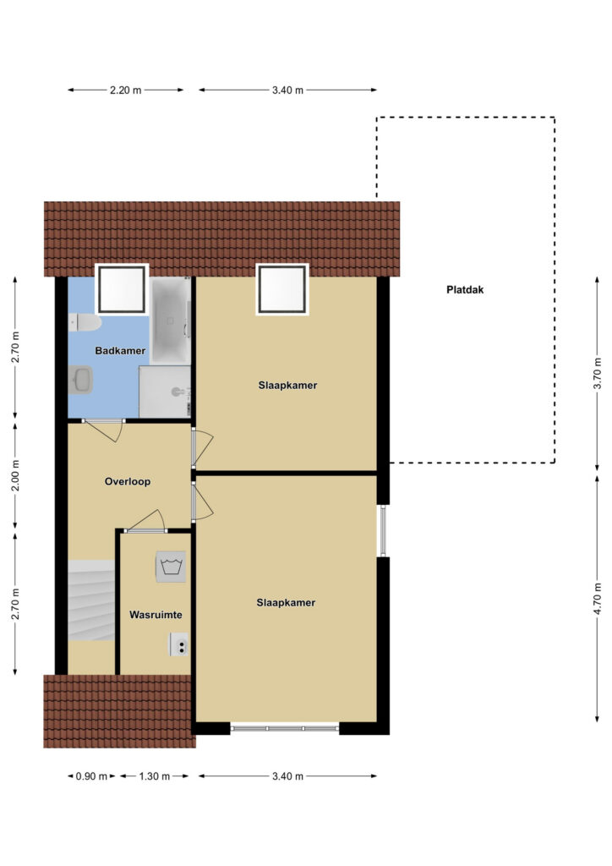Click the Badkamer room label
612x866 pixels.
(x=120, y=351)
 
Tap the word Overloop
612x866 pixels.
(x=128, y=481)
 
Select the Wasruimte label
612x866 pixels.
(x=156, y=615)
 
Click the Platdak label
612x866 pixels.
(x=465, y=290)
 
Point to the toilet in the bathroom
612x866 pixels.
(x=85, y=323)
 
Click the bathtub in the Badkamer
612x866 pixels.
(x=171, y=321)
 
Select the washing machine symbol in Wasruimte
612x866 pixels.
(x=171, y=566)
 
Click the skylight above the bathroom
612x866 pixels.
(x=122, y=288)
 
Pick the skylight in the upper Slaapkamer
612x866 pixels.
(x=282, y=289)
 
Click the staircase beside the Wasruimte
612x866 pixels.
(x=91, y=600)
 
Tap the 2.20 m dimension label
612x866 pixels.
(x=125, y=90)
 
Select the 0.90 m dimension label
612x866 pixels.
(x=91, y=776)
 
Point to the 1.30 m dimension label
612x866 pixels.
(x=155, y=776)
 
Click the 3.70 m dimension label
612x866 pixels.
(x=597, y=373)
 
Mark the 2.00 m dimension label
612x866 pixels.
(x=15, y=475)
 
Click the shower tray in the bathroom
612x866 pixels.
(x=165, y=392)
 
